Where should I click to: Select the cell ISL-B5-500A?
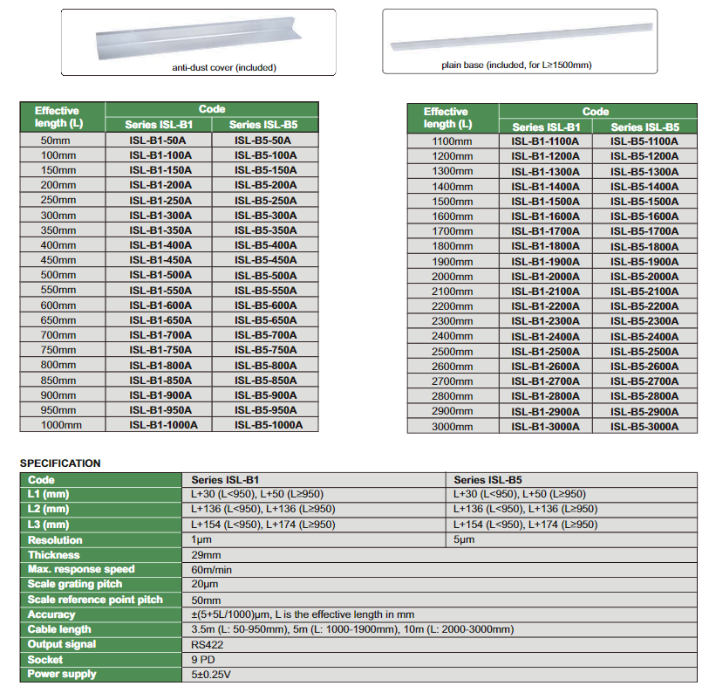pos(265,276)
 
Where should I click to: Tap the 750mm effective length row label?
pos(58,350)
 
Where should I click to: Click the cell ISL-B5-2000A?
pos(644,276)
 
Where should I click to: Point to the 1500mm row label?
pos(452,201)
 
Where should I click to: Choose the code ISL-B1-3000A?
pos(545,427)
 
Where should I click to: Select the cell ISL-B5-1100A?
pos(644,141)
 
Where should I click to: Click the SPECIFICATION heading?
pos(60,463)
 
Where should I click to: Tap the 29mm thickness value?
pos(206,555)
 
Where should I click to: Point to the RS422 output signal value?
pos(207,644)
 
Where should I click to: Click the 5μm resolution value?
pos(464,540)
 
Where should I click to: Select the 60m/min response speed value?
pos(212,570)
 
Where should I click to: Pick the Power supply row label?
pos(63,674)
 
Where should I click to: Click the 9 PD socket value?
pos(204,659)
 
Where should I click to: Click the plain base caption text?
pos(517,65)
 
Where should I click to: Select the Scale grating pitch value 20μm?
pos(206,585)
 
